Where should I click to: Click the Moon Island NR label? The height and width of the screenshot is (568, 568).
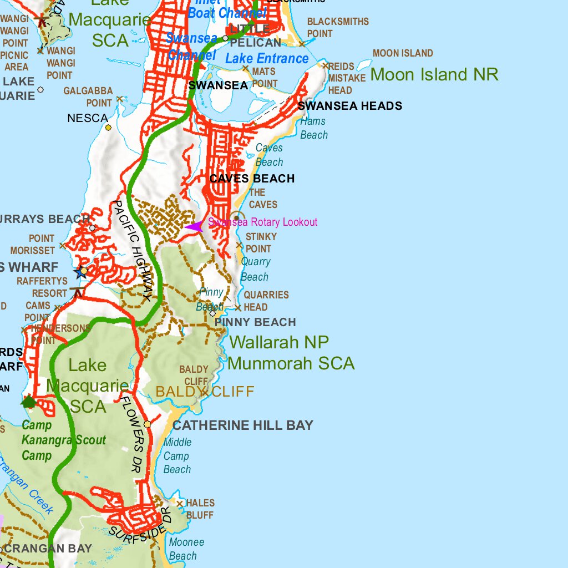point(434,74)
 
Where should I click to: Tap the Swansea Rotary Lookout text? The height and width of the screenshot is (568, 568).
point(263,222)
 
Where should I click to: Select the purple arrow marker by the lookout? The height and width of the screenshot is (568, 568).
point(194,226)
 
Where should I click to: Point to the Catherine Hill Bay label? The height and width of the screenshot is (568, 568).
point(243,425)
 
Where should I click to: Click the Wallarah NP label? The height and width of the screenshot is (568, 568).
point(279,342)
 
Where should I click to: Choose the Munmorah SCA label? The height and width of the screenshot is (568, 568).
point(291,363)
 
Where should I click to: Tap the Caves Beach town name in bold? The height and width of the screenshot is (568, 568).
point(252,179)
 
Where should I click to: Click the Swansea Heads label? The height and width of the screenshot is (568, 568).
point(350,106)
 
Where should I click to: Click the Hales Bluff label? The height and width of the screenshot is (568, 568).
point(200,509)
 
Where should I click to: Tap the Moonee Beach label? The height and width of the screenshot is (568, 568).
point(186,549)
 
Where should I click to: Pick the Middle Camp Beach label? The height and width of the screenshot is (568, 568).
point(177,456)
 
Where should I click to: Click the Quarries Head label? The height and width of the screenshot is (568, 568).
point(266,301)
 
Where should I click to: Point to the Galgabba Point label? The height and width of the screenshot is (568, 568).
point(88,97)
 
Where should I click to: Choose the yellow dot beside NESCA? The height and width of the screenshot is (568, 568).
point(108,128)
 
